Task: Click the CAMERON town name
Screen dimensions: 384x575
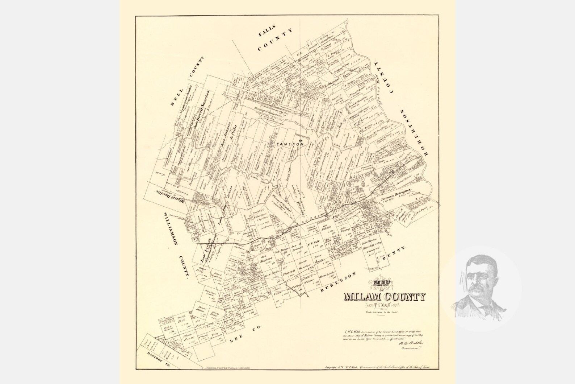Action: coord(289,144)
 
